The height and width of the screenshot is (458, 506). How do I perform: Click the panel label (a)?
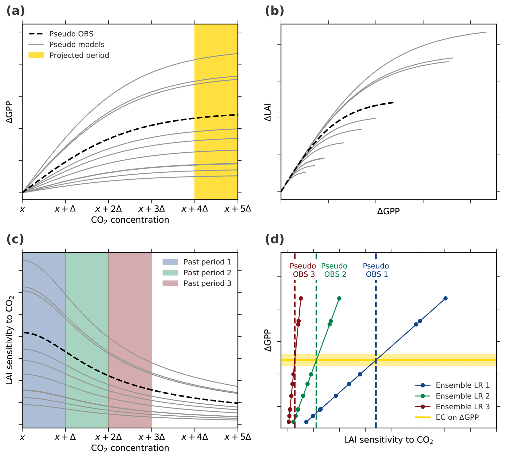(x=16, y=11)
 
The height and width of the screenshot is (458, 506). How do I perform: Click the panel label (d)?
(x=274, y=239)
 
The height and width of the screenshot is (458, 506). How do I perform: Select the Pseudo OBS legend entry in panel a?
(x=71, y=34)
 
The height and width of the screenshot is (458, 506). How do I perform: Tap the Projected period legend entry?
(x=79, y=55)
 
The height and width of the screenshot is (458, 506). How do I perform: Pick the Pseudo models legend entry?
(x=77, y=45)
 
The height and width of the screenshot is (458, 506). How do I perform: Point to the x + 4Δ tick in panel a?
(x=195, y=209)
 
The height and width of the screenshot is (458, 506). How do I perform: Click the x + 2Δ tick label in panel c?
(x=108, y=437)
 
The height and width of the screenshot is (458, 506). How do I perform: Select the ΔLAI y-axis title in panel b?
(x=268, y=112)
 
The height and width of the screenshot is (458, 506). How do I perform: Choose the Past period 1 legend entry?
(x=207, y=262)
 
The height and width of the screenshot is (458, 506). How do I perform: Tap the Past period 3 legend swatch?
(x=170, y=283)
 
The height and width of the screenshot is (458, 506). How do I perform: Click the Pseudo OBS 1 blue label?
(x=376, y=270)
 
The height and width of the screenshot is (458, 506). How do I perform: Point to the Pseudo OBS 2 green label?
(x=334, y=270)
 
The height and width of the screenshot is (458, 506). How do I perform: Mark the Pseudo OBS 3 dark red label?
(x=303, y=270)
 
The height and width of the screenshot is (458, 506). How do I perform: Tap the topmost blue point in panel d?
(x=446, y=299)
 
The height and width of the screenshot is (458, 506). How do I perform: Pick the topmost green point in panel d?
(x=339, y=299)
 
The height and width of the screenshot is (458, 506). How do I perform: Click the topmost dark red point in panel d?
(x=301, y=299)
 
